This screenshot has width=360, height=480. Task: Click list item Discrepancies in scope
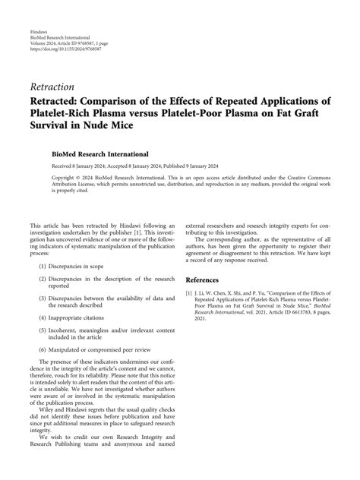coord(80,267)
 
